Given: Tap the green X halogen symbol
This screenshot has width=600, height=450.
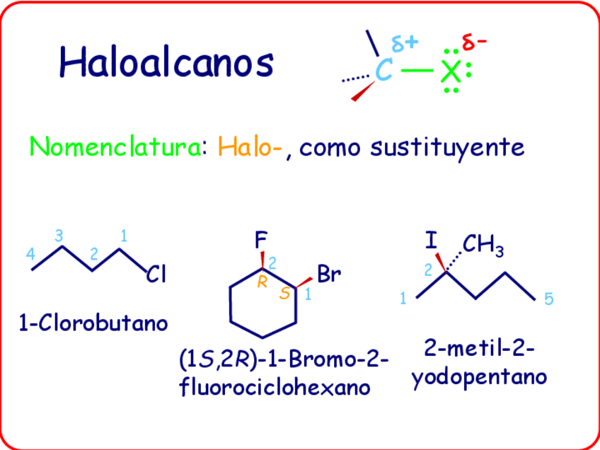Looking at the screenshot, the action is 450,71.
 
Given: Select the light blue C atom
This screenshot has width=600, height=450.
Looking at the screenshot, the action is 383,71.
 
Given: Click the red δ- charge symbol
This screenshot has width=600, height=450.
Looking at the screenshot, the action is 474,42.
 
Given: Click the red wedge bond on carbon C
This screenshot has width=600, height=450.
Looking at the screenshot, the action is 363,90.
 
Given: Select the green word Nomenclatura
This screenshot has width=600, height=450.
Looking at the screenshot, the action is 115,147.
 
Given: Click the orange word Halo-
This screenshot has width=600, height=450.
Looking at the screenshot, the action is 251,147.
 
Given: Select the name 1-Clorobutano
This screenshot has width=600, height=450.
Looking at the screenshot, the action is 94,323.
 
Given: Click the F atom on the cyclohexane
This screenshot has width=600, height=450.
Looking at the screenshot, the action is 261,240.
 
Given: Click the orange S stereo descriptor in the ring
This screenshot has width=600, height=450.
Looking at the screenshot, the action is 284,292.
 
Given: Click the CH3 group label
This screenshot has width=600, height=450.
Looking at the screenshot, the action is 483,246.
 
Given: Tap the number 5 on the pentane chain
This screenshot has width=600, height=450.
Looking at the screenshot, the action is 549,299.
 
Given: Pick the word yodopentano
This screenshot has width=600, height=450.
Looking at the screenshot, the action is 479,377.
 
